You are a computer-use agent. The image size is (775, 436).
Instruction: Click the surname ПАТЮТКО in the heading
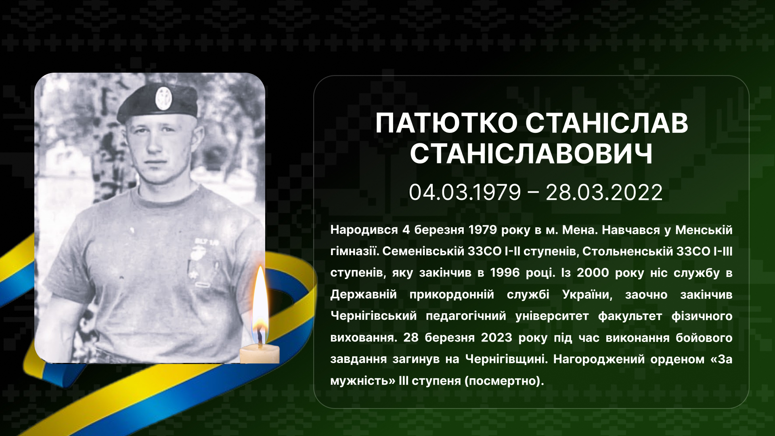point(446,123)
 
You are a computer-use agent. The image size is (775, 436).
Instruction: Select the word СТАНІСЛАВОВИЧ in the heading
point(531,154)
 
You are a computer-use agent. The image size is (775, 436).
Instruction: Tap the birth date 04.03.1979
point(465,192)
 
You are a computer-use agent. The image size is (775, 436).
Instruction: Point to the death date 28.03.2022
point(604,192)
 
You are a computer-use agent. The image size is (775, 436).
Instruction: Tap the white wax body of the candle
point(260,354)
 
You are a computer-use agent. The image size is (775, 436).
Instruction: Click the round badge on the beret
point(163,98)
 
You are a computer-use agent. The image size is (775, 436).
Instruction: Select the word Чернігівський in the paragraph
point(373,316)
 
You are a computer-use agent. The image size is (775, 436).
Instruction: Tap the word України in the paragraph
point(587,295)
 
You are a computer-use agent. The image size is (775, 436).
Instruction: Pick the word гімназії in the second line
point(355,252)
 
